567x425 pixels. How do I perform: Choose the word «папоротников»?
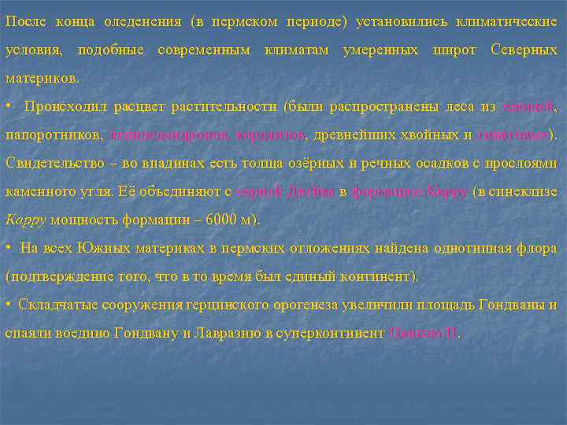click(x=52, y=135)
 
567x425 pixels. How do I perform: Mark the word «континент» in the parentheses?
click(x=379, y=276)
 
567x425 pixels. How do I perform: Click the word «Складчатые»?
click(x=57, y=305)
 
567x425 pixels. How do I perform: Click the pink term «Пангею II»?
click(x=423, y=333)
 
